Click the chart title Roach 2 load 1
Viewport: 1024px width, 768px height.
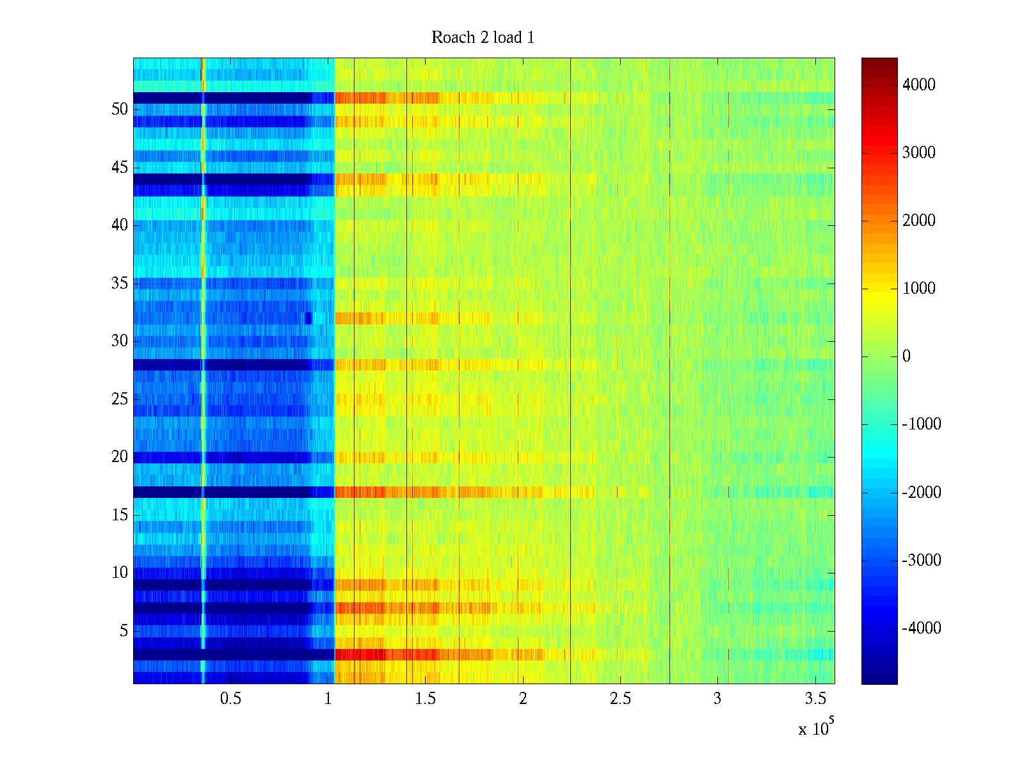pyautogui.click(x=483, y=38)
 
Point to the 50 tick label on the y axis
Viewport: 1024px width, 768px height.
pyautogui.click(x=120, y=109)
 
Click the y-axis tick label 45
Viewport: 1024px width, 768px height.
pyautogui.click(x=120, y=168)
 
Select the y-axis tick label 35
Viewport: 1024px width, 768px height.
pyautogui.click(x=120, y=283)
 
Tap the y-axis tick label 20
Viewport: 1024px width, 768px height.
pyautogui.click(x=120, y=457)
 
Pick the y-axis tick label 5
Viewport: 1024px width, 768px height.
pyautogui.click(x=124, y=631)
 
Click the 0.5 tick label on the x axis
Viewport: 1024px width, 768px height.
pyautogui.click(x=230, y=699)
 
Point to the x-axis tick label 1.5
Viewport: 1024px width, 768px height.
pyautogui.click(x=426, y=699)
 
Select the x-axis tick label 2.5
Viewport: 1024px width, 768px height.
pyautogui.click(x=620, y=699)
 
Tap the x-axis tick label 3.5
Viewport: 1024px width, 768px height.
pyautogui.click(x=815, y=699)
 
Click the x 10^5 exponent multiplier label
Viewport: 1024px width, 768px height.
pyautogui.click(x=816, y=728)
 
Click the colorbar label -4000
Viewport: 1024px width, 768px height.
pyautogui.click(x=922, y=628)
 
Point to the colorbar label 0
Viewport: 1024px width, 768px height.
pyautogui.click(x=906, y=356)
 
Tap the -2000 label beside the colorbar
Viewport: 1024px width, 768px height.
pyautogui.click(x=922, y=493)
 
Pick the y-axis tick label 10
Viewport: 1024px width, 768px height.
pyautogui.click(x=120, y=573)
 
